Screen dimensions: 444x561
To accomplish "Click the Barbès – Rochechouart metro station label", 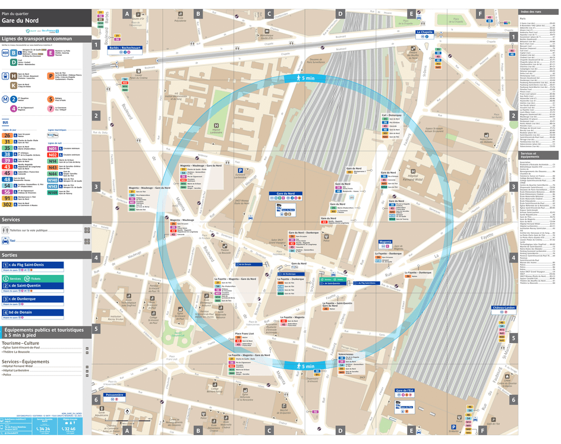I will pyautogui.click(x=125, y=47).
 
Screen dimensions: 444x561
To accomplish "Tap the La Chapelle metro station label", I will pyautogui.click(x=425, y=32).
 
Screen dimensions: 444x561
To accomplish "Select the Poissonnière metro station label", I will pyautogui.click(x=114, y=394).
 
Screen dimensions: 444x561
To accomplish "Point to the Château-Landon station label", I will pyautogui.click(x=503, y=307).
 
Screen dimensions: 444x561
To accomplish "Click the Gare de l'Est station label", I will pyautogui.click(x=404, y=391).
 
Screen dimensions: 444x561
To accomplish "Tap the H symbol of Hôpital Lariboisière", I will pyautogui.click(x=216, y=125).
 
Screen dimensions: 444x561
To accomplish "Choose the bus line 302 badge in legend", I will pyautogui.click(x=7, y=204).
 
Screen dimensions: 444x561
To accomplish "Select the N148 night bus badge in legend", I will pyautogui.click(x=53, y=192).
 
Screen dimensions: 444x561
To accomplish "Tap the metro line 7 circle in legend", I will pyautogui.click(x=50, y=109).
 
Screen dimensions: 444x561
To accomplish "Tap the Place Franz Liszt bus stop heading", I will pyautogui.click(x=245, y=334).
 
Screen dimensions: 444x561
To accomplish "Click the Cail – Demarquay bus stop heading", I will pyautogui.click(x=393, y=115).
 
